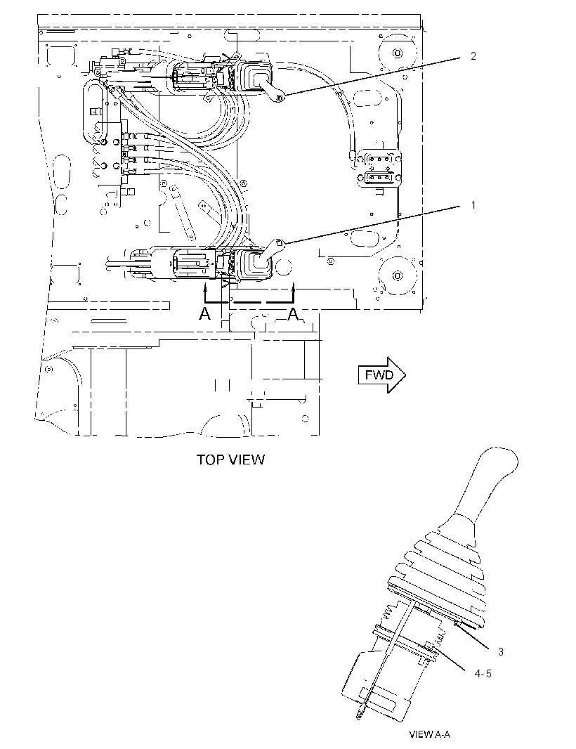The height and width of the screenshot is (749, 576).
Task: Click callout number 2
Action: point(473,56)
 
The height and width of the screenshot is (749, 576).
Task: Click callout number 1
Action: point(473,205)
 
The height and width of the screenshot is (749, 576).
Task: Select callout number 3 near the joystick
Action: point(501,651)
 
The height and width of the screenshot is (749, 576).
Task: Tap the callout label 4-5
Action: point(483,674)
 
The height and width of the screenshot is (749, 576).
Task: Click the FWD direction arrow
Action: point(381,375)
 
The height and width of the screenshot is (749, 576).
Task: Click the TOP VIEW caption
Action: point(230,460)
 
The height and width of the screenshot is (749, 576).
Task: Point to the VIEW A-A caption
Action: point(429,734)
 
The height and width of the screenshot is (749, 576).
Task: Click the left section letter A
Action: point(204,314)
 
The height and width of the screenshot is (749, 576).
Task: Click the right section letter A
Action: point(293,314)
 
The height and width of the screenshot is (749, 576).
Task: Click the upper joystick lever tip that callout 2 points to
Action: point(280,98)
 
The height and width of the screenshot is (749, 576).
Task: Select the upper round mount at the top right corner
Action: point(395,52)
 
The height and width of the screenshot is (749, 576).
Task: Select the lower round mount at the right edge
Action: point(396,275)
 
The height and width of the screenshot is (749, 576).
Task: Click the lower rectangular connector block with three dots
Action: point(380,178)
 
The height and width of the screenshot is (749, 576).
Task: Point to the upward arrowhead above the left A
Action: point(205,287)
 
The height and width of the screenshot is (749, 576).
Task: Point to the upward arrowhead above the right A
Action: point(294,287)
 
